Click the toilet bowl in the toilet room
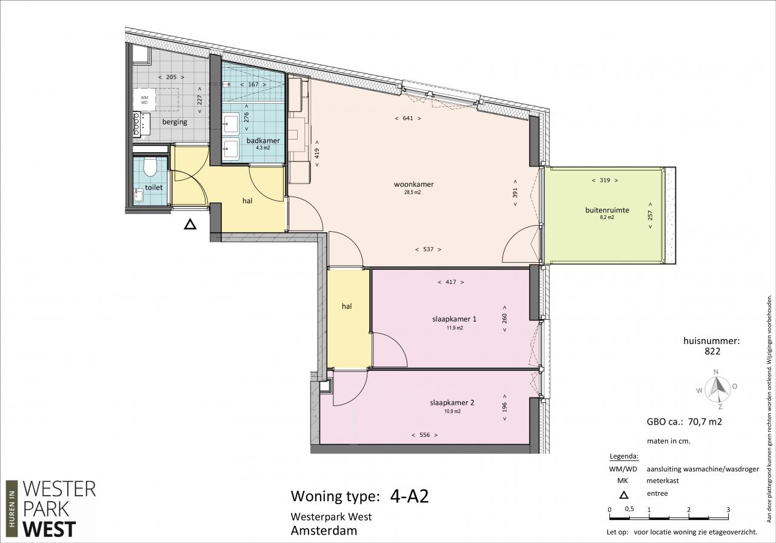coord(150,167)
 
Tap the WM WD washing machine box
coord(144,100)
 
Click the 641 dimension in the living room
coord(408,118)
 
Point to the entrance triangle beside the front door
coord(190,224)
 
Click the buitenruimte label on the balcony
coord(607,210)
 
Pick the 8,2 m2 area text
coord(607,217)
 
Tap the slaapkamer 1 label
coord(454,319)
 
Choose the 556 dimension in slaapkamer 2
coord(425,435)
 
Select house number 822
coord(712,351)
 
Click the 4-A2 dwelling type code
coord(409,496)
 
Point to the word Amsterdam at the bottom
coord(324,530)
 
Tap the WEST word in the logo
coord(49,529)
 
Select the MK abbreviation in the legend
coord(623,481)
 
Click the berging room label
coord(175,122)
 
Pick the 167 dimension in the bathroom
coord(253,84)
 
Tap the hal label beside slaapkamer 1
coord(347,306)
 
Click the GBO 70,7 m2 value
coord(705,422)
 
